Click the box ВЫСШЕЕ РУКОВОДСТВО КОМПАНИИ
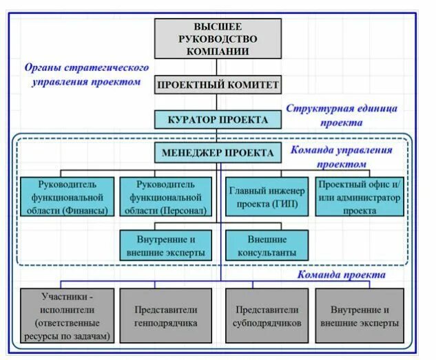[217, 39]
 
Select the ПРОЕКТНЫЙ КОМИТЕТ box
[217, 85]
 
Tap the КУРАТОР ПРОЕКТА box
[217, 120]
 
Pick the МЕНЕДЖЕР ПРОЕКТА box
[217, 152]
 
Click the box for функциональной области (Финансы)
[68, 198]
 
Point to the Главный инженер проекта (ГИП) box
[266, 198]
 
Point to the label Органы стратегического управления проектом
[87, 75]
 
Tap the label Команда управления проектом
[341, 158]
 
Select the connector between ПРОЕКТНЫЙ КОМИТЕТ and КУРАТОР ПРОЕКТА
[217, 103]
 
